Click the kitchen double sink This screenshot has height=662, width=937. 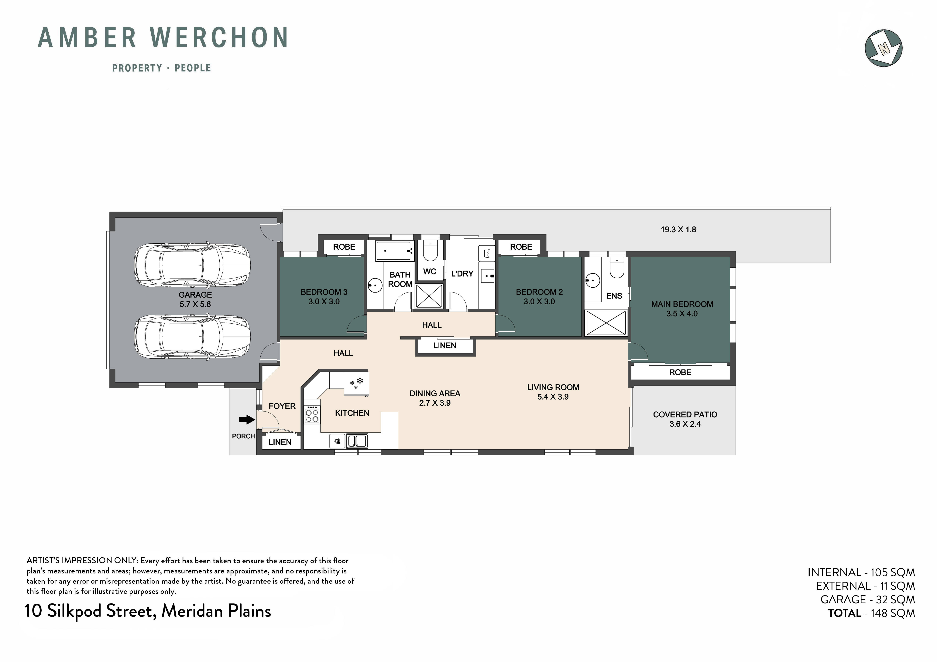click(x=357, y=441)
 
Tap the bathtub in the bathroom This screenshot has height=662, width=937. click(x=394, y=251)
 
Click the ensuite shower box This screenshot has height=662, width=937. click(x=606, y=323)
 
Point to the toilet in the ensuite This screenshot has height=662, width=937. click(x=617, y=267)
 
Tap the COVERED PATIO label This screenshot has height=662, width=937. click(x=685, y=415)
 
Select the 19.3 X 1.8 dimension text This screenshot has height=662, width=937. click(x=678, y=229)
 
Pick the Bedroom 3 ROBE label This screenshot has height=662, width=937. click(x=344, y=247)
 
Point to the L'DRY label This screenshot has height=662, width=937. click(x=462, y=274)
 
